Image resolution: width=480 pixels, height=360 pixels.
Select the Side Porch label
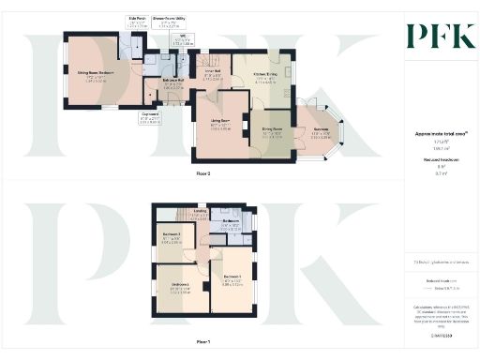tap(137, 18)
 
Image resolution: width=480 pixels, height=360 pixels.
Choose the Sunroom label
tap(322, 129)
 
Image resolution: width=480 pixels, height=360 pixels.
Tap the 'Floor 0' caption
tap(202, 174)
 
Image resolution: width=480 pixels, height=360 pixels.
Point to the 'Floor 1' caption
tap(202, 341)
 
